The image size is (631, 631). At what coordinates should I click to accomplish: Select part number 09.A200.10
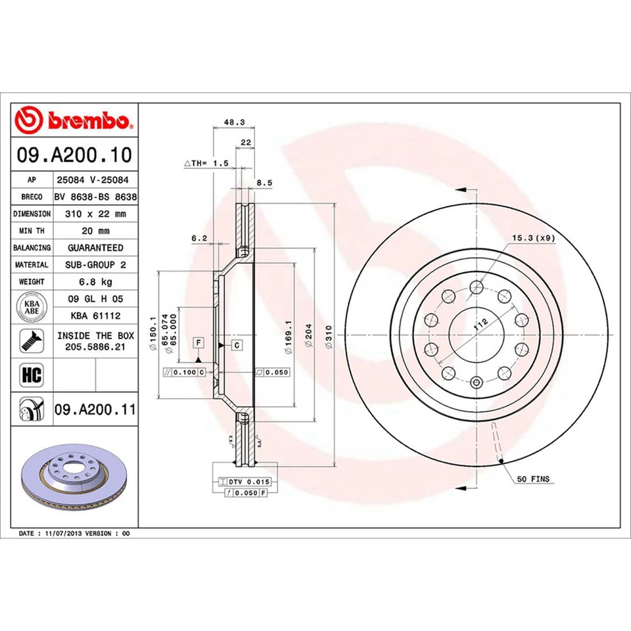pyautogui.click(x=74, y=155)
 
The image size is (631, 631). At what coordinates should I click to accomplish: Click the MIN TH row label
pyautogui.click(x=32, y=231)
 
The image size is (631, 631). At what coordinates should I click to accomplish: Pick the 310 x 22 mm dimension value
pyautogui.click(x=95, y=214)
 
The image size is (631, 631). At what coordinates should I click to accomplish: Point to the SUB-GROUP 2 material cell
pyautogui.click(x=95, y=265)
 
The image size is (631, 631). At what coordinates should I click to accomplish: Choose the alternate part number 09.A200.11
pyautogui.click(x=95, y=410)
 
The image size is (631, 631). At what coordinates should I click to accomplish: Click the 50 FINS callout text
pyautogui.click(x=533, y=479)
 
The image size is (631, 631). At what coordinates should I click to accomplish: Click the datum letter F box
pyautogui.click(x=197, y=342)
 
